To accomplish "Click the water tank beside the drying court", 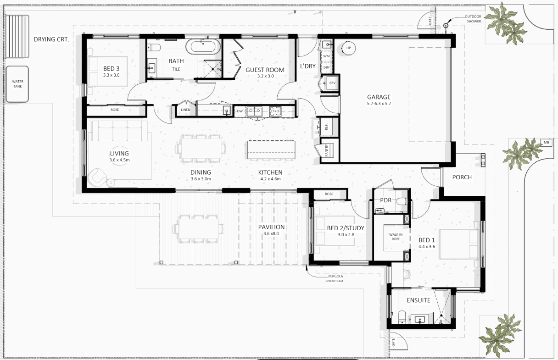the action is [x=17, y=84].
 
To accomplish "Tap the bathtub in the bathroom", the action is [x=203, y=47].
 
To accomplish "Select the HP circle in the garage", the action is [x=348, y=48].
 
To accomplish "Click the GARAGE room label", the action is [x=379, y=97].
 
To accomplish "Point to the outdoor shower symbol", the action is [x=446, y=25].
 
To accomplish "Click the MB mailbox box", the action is [x=546, y=143].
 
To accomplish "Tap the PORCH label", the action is [x=462, y=177].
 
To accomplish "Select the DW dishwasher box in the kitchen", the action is [x=240, y=111].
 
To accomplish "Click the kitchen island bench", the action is [x=271, y=150].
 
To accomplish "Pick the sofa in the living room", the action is [x=120, y=131].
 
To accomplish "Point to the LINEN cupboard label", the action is [x=185, y=110].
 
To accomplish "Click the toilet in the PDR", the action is [x=402, y=201].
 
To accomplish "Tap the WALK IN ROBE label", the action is [x=396, y=237].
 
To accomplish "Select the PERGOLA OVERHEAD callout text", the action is [x=335, y=278].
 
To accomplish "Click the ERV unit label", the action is [x=332, y=83].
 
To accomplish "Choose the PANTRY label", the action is [x=327, y=150].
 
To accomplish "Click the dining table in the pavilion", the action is [x=199, y=229].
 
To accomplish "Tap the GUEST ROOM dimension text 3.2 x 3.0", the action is [x=266, y=76].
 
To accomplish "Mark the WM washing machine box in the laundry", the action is [x=326, y=56].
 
